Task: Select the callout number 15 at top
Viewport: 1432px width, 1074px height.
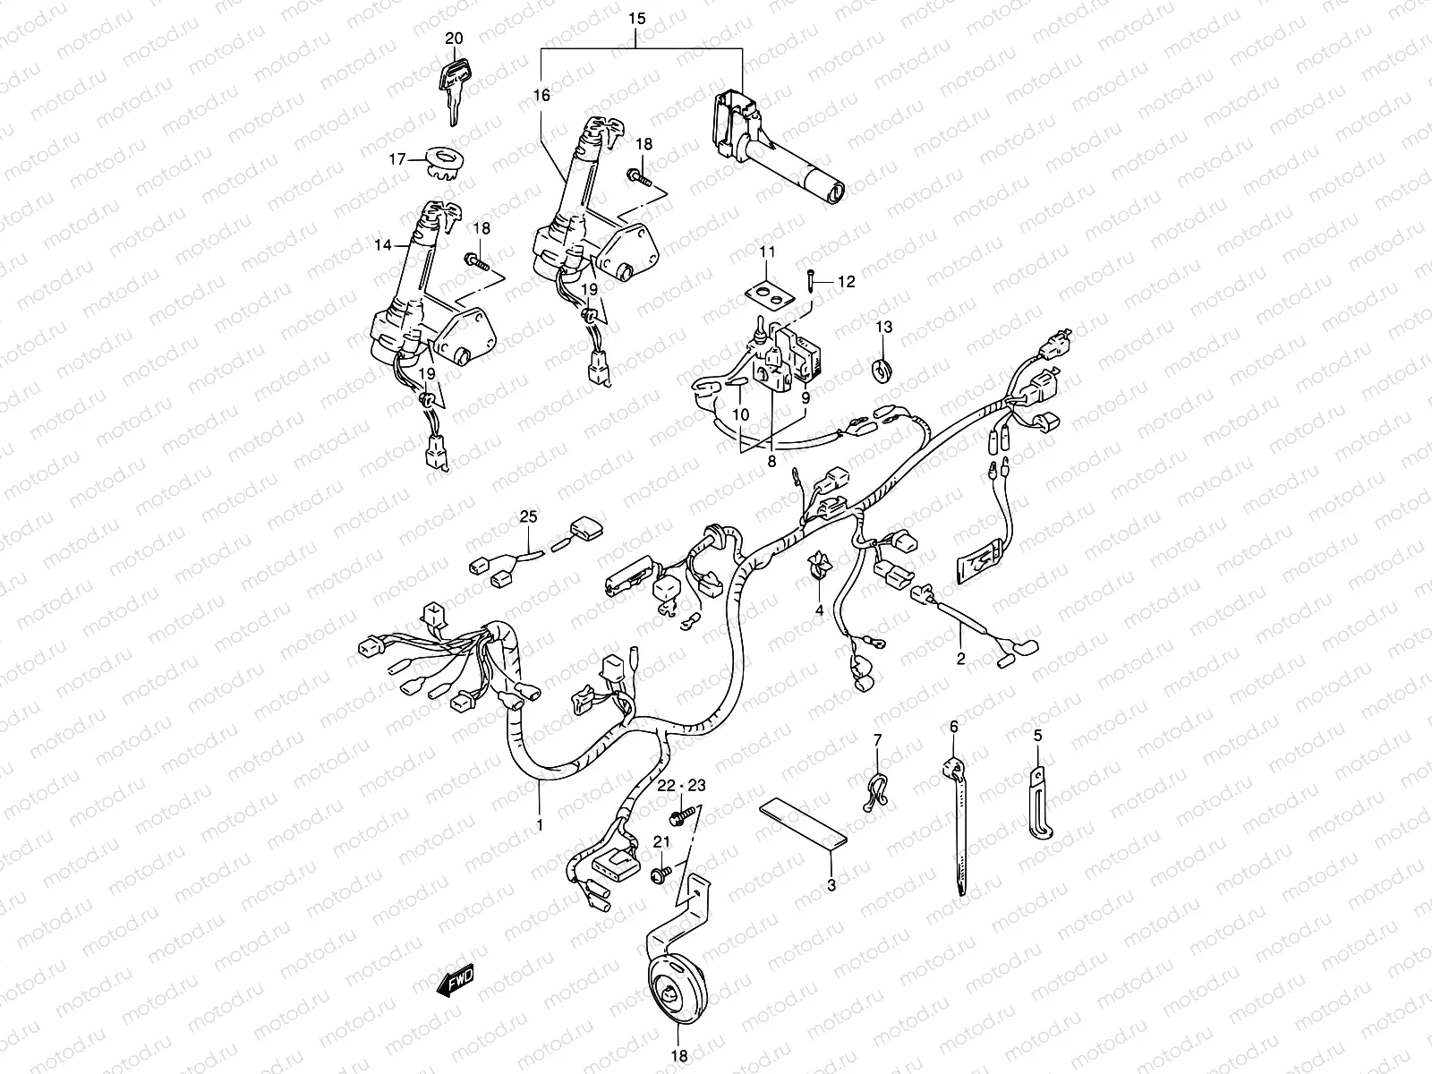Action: coord(636,18)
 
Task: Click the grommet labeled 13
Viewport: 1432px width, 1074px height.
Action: coord(883,367)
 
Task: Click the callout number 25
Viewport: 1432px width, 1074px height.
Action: coord(529,516)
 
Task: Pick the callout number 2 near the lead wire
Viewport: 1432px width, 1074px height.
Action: coord(960,660)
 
